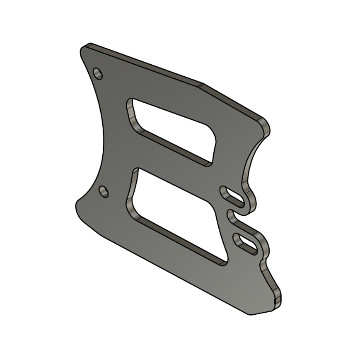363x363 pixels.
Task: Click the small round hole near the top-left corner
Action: pos(98,73)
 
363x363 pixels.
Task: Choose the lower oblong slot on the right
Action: pos(246,243)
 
